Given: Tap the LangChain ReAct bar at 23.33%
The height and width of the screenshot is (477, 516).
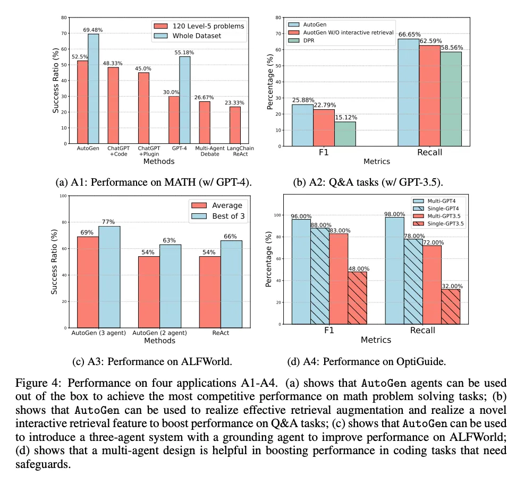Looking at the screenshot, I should click(235, 125).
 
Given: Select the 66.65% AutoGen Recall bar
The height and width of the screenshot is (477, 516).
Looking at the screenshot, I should click(409, 91).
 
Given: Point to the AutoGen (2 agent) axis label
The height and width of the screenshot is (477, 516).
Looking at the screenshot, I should click(159, 333).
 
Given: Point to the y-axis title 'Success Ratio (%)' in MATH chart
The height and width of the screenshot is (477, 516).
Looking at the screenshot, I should click(55, 81).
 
